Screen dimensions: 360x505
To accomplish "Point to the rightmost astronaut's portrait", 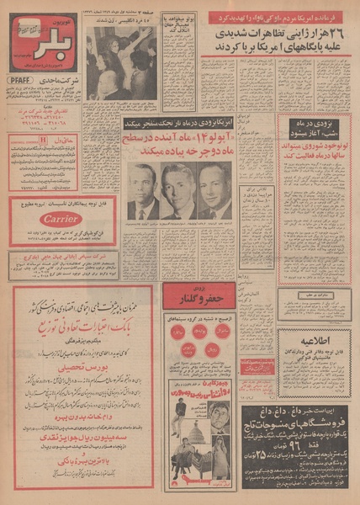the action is tap(216, 189).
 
